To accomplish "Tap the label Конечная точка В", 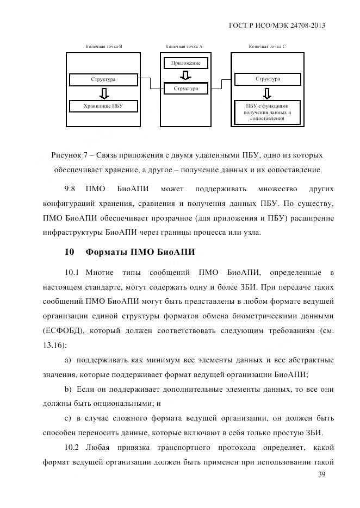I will point(103,47).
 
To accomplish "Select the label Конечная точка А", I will point(184,47).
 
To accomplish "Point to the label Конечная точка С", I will point(267,47).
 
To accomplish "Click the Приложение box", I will point(185,64).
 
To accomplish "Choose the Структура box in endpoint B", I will point(103,80).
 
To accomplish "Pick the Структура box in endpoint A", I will point(185,88).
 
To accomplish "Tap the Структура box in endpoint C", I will point(268,79).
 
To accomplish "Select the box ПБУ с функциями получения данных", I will point(268,112).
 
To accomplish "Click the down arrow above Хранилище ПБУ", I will point(103,93).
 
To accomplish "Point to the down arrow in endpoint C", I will point(268,93).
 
